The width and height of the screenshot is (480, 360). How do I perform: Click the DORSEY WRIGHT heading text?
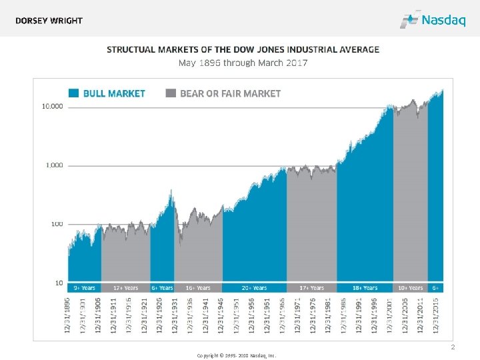(x=49, y=21)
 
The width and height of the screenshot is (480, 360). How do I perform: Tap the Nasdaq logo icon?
(x=409, y=20)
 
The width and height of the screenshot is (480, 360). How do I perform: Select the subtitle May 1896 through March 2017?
(x=243, y=63)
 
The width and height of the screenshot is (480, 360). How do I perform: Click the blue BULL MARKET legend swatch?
(x=73, y=93)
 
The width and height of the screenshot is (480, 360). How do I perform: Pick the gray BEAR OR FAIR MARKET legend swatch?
(x=171, y=93)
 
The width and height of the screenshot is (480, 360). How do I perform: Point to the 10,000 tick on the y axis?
(x=53, y=106)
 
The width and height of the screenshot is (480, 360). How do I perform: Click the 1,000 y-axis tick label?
(x=55, y=165)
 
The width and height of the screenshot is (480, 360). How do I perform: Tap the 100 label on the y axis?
(x=57, y=224)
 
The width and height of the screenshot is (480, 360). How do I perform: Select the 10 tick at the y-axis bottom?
(x=59, y=283)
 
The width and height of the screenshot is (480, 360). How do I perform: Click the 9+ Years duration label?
(x=84, y=288)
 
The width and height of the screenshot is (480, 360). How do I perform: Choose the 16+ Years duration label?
(x=198, y=288)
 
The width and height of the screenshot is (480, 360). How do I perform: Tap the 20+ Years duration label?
(x=254, y=288)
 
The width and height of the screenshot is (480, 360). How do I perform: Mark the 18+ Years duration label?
(x=365, y=288)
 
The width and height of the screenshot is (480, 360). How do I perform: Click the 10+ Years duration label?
(x=411, y=288)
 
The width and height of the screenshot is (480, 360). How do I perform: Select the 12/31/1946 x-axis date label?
(x=221, y=315)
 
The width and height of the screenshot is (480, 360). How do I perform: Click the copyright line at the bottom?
(x=237, y=355)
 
